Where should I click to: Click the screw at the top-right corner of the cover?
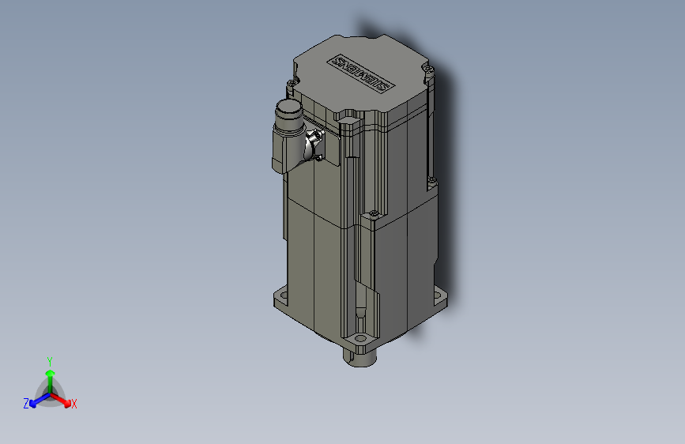tap(429, 69)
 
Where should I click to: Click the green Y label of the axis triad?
tap(50, 359)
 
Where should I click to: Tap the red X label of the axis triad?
tap(74, 404)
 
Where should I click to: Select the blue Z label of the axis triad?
tap(26, 403)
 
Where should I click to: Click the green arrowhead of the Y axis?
tap(50, 371)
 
